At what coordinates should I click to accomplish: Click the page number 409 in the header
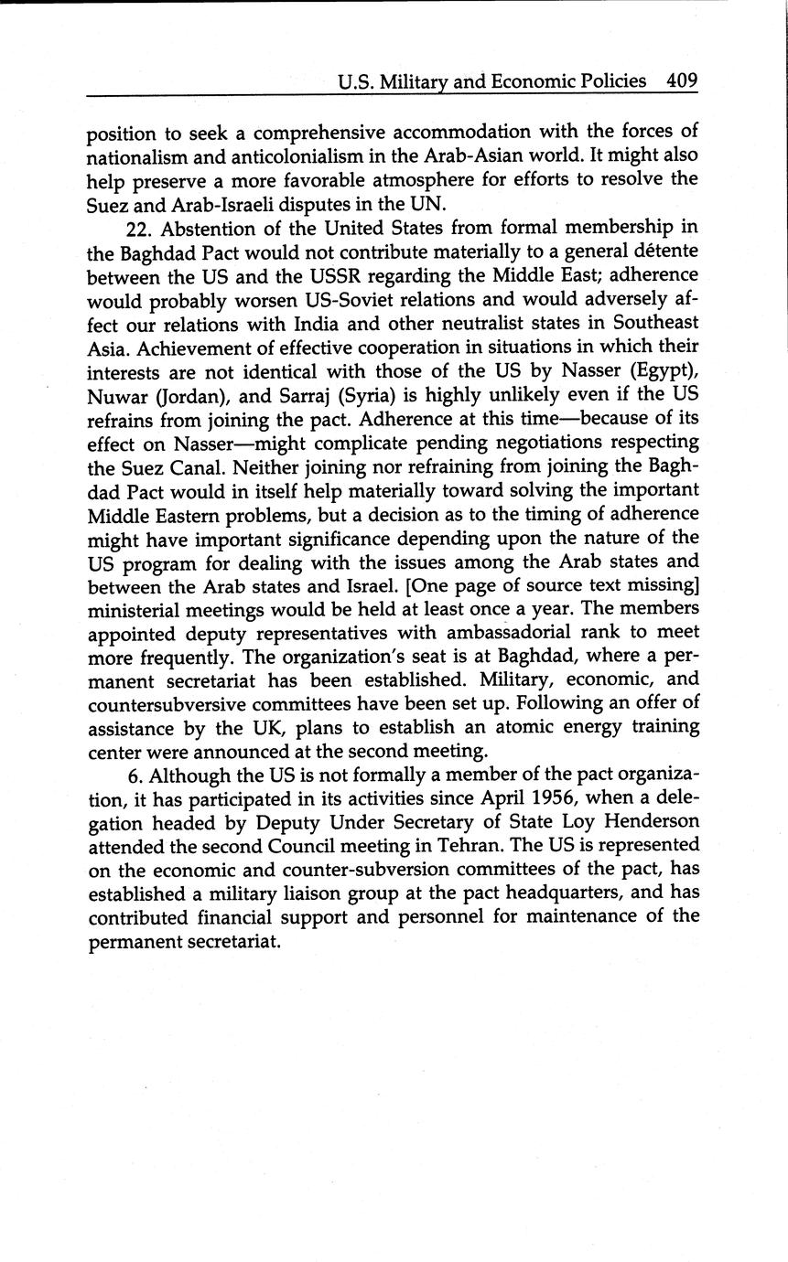pyautogui.click(x=682, y=80)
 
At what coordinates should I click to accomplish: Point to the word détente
pyautogui.click(x=665, y=250)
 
